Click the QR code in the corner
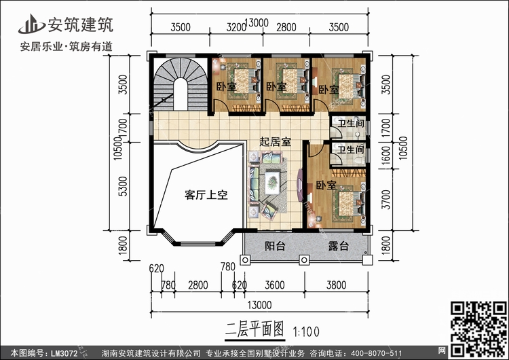[x=478, y=329]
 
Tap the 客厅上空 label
[x=206, y=195]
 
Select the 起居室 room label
[x=276, y=142]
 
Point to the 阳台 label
[x=275, y=246]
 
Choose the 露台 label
[x=338, y=246]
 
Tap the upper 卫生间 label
[x=351, y=124]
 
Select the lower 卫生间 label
[x=351, y=150]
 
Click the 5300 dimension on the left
[x=123, y=186]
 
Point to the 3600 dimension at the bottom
[x=275, y=285]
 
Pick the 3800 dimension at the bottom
[x=337, y=285]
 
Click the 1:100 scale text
[x=306, y=331]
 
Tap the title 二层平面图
[x=254, y=329]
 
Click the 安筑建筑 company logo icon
[x=31, y=24]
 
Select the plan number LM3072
[x=64, y=353]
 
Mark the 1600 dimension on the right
[x=385, y=156]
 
